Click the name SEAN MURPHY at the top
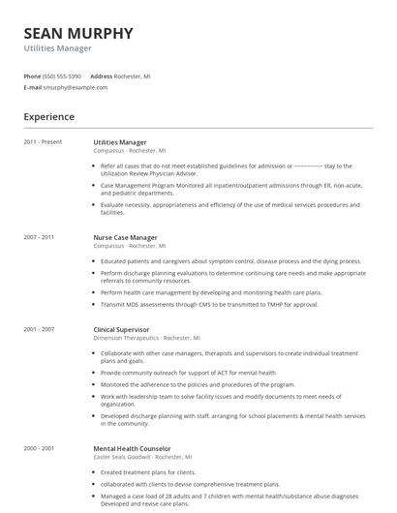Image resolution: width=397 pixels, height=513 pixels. [78, 33]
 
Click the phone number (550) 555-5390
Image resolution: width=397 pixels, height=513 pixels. [63, 75]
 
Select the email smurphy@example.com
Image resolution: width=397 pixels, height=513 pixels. [76, 87]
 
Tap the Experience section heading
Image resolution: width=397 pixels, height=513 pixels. [49, 117]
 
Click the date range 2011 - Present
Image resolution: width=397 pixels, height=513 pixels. [43, 142]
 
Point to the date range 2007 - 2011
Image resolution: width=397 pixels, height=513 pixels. [39, 236]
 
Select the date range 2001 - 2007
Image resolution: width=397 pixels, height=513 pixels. [39, 329]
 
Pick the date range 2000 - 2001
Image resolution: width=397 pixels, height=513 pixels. [39, 449]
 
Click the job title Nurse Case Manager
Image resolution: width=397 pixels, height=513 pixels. [125, 236]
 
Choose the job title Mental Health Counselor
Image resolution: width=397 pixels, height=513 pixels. [132, 449]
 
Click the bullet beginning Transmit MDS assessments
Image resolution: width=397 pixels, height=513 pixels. [208, 304]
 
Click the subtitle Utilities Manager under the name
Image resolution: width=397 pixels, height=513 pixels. [58, 47]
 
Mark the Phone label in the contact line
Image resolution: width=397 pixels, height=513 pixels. [32, 75]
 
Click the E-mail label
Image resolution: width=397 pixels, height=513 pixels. [33, 87]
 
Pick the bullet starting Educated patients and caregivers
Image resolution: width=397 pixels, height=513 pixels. [230, 261]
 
